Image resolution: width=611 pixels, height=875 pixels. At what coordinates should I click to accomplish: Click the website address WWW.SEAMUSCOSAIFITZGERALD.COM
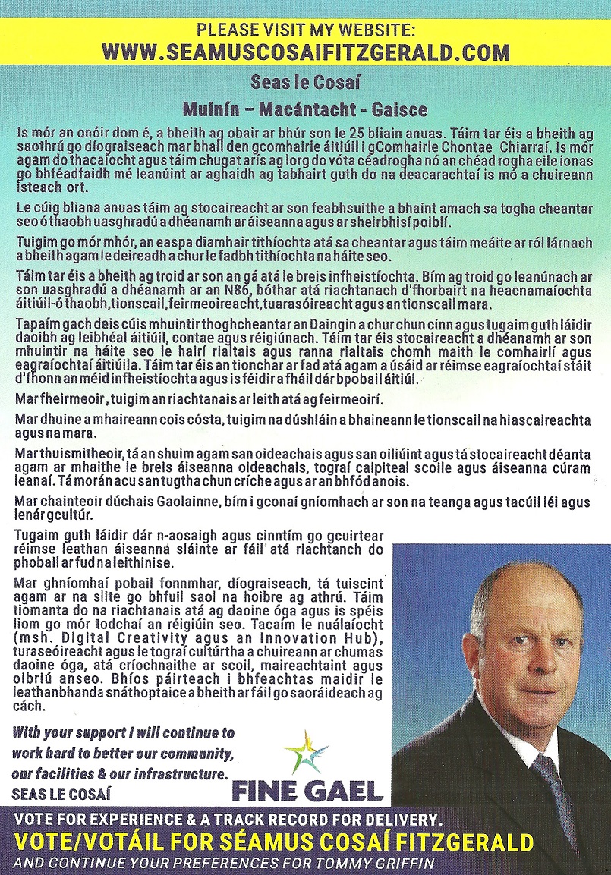pyautogui.click(x=305, y=52)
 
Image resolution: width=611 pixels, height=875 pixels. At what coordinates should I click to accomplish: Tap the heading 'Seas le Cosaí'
pyautogui.click(x=305, y=82)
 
